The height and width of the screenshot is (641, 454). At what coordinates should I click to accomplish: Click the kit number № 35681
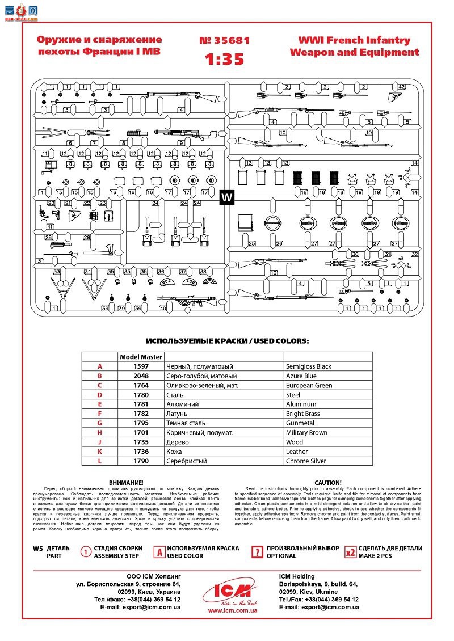pos(224,40)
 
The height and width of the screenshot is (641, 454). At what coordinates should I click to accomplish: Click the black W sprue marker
pos(226,197)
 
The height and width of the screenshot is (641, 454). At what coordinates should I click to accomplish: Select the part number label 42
pos(402,87)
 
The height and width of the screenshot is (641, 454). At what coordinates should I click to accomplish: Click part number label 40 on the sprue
pos(163,309)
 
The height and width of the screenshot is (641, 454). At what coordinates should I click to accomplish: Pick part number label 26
pos(279,243)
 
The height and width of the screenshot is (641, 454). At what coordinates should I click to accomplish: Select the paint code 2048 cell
pos(141,376)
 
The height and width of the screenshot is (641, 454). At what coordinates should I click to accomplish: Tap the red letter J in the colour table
pos(100,442)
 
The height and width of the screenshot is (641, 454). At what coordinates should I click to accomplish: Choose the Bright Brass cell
pos(302,414)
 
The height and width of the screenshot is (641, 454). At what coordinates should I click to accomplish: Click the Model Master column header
pos(141,357)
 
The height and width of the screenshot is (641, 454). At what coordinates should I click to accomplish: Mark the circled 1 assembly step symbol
pos(86,551)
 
